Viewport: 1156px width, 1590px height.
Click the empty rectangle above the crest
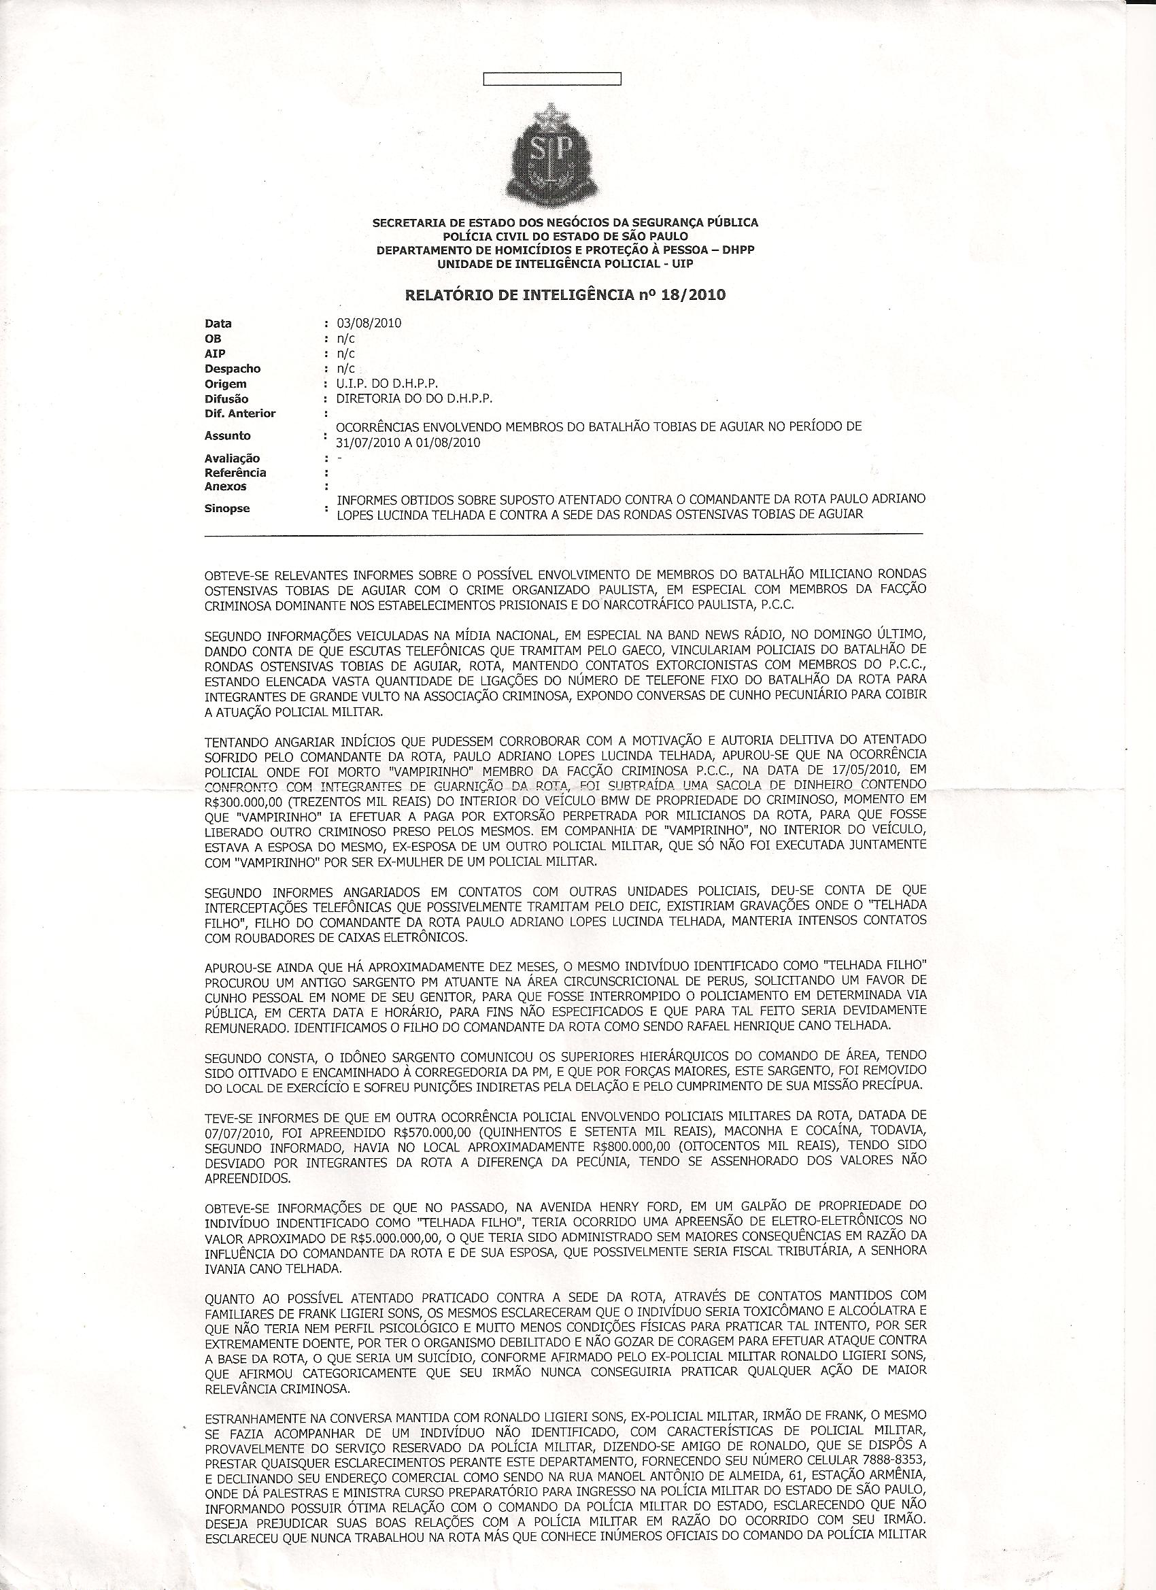click(552, 78)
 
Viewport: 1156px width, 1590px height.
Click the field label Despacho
click(233, 369)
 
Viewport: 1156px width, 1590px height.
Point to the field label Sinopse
click(227, 508)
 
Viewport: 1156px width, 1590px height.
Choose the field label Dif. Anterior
click(240, 413)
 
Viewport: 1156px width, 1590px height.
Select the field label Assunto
click(227, 435)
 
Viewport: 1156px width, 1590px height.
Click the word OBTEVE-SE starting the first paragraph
click(236, 574)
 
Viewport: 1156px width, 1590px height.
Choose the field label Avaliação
click(232, 458)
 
